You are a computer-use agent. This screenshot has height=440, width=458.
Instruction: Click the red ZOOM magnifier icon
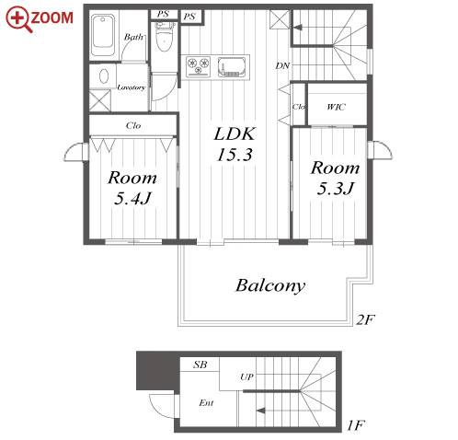pos(17,19)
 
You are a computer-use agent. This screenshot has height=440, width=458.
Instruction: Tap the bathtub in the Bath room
pos(103,35)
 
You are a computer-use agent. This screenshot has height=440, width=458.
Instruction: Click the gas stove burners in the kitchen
pos(198,66)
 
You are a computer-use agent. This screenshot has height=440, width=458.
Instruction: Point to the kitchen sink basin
pos(232,66)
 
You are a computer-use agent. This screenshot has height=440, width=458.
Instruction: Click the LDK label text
pos(235,134)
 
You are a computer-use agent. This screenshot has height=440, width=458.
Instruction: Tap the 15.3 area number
pos(235,155)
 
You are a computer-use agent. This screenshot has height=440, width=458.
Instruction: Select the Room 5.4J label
pos(132,188)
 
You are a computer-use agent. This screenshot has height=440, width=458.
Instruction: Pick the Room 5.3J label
pos(335,178)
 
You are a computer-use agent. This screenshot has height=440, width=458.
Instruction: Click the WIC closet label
pos(336,107)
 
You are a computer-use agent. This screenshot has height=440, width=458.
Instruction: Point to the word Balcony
pos(270,286)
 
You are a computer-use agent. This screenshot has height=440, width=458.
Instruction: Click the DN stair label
pos(282,65)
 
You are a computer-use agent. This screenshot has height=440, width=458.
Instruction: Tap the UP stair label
pos(246,376)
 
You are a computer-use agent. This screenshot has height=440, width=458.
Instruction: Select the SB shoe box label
pos(200,365)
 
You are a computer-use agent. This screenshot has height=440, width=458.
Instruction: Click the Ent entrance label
pos(206,402)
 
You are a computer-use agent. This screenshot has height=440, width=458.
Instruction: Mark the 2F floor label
pos(365,320)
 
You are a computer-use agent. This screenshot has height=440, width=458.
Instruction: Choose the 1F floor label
pos(356,425)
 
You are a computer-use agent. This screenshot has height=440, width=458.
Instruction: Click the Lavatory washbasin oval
pos(104,76)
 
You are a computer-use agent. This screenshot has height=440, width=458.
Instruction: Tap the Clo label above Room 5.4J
pos(133,125)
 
